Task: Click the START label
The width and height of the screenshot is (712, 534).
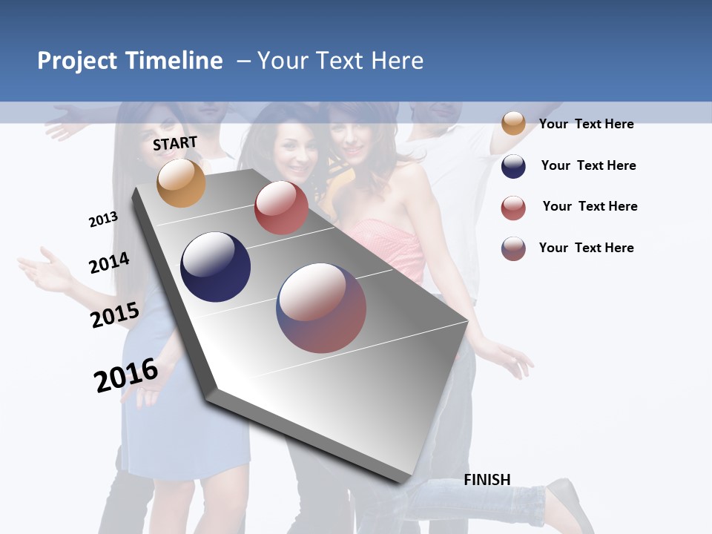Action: [175, 143]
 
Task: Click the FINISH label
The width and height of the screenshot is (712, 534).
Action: [487, 480]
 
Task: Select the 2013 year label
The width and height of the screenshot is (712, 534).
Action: [103, 220]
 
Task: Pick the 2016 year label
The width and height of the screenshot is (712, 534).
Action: [126, 375]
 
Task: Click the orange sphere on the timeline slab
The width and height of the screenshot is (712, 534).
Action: [181, 182]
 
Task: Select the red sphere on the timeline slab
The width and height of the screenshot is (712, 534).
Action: [281, 208]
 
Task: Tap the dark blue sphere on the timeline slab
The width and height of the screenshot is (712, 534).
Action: [216, 267]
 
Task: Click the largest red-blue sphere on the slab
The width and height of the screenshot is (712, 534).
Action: [321, 308]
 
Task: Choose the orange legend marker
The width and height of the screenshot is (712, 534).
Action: [513, 123]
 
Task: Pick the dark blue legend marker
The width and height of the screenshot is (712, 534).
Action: [513, 166]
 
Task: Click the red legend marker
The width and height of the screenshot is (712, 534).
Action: [513, 208]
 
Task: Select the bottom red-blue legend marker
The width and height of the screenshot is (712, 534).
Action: [513, 248]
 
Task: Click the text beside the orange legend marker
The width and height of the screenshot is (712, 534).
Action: [586, 124]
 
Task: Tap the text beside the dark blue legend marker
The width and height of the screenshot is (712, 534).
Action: [588, 165]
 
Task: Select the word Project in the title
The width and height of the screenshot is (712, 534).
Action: [76, 61]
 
